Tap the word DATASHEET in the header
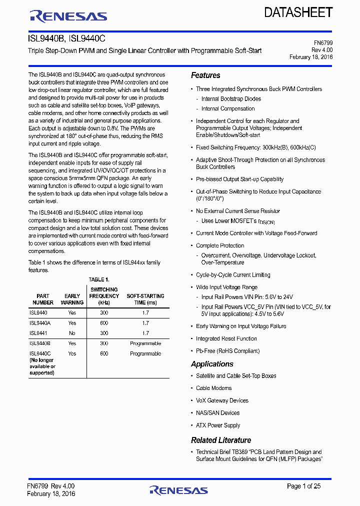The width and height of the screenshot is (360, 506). (x=298, y=12)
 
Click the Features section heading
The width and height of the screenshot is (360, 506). (x=205, y=75)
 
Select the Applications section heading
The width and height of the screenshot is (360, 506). (x=212, y=364)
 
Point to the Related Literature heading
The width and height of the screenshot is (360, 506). (x=221, y=440)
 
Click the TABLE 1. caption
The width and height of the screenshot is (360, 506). (x=99, y=279)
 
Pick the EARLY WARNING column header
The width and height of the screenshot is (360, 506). (x=72, y=299)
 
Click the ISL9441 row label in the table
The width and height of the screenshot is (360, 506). (x=38, y=333)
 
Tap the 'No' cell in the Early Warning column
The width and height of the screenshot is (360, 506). (x=72, y=333)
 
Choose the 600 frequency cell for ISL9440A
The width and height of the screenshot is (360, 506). (x=104, y=323)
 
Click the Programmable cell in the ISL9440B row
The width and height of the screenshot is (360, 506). (x=145, y=343)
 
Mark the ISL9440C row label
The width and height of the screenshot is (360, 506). (x=40, y=353)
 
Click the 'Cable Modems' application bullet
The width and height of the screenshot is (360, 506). (x=213, y=388)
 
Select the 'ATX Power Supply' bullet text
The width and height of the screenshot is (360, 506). (x=218, y=425)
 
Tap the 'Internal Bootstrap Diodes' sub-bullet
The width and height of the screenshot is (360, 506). (x=231, y=99)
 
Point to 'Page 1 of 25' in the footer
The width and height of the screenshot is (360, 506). (x=304, y=486)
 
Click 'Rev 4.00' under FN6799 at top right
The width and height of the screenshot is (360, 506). (x=322, y=50)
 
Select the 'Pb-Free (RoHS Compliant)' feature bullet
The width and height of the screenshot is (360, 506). (x=227, y=351)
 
